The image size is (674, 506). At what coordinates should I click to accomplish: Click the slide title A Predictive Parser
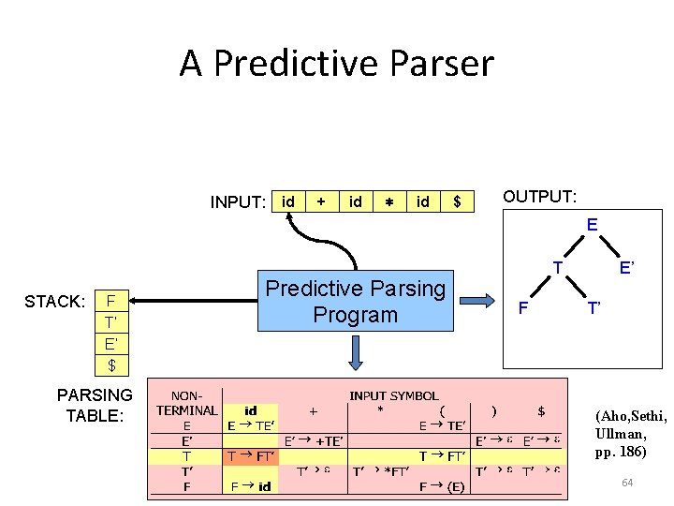click(336, 64)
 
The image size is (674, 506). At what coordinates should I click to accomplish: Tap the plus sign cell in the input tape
click(321, 201)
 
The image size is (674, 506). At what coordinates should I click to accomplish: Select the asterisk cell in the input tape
click(388, 201)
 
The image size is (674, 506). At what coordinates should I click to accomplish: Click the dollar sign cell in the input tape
click(457, 201)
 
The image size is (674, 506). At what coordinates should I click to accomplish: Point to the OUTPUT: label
click(539, 197)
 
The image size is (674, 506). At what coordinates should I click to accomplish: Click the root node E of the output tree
click(592, 225)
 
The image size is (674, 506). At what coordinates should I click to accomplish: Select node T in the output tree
click(557, 267)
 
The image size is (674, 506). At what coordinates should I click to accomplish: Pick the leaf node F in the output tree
click(523, 307)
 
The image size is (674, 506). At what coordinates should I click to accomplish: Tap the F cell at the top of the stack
click(111, 302)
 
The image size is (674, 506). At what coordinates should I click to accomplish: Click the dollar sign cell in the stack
click(111, 364)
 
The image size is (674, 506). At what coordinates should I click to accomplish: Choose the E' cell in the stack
click(111, 343)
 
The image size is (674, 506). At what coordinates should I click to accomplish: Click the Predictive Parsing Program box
click(356, 301)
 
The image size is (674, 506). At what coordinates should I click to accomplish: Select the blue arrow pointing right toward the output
click(479, 300)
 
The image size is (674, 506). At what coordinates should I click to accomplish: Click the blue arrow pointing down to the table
click(357, 355)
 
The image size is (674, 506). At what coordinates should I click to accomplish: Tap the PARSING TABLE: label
click(95, 404)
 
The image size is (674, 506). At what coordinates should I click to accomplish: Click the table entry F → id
click(251, 486)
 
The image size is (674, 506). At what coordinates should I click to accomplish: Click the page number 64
click(626, 482)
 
